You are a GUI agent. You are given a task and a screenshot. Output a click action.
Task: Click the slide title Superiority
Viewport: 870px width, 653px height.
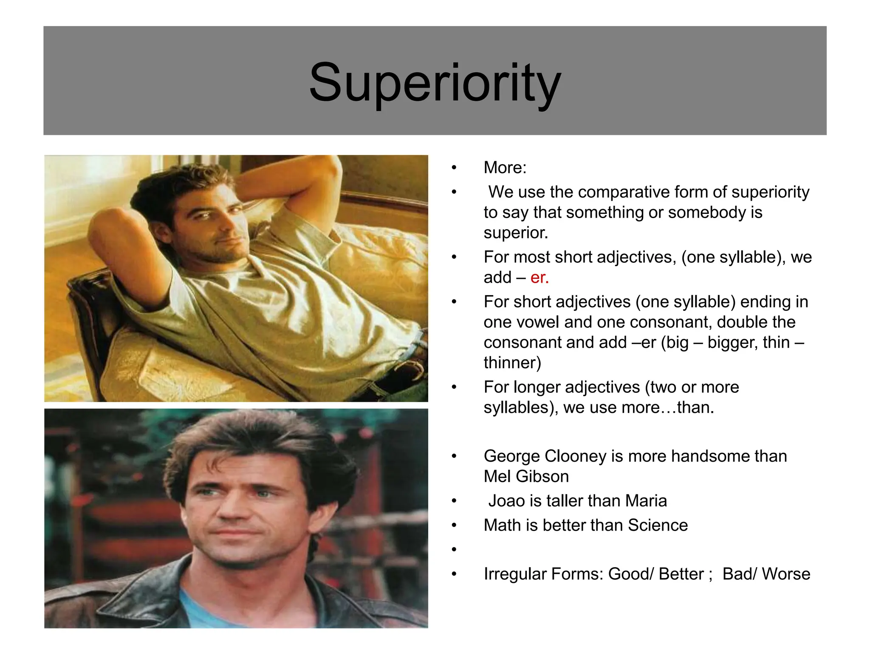coord(435,82)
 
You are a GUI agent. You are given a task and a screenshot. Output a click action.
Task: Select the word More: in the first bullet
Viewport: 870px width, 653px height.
coord(505,168)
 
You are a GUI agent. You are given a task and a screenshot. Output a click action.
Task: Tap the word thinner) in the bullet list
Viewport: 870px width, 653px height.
coord(512,363)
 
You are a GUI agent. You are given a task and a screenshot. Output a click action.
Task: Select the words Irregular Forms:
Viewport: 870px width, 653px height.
coord(543,574)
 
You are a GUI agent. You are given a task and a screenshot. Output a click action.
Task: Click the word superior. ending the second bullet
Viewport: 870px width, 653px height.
coord(516,233)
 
